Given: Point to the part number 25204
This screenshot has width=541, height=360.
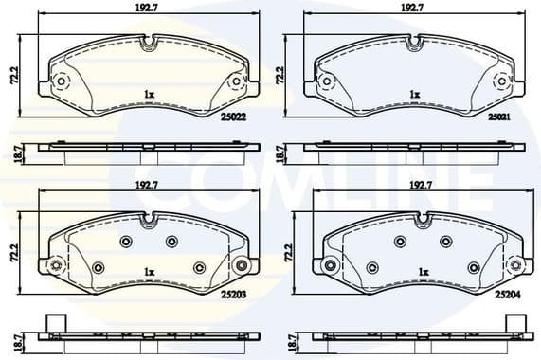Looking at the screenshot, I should click(x=507, y=295).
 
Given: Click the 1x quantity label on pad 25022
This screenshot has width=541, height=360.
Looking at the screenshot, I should click(x=149, y=94).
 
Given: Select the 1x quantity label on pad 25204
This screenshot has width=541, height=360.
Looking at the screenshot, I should click(x=424, y=272).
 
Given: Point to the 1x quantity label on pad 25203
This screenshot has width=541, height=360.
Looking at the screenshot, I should click(x=149, y=272).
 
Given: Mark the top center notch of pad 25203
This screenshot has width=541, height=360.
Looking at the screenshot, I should click(x=147, y=220).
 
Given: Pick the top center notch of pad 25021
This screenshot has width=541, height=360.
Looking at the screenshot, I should click(x=413, y=42).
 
